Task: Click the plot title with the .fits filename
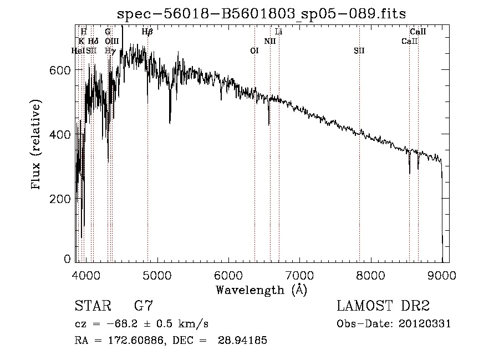266,13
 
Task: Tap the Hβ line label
147,32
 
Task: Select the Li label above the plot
279,32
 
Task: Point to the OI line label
254,50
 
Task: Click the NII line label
270,41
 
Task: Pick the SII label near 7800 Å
359,50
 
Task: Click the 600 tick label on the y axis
63,70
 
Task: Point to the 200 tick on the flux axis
63,199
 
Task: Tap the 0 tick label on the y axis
68,260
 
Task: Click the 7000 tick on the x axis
299,275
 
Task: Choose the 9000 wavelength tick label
442,275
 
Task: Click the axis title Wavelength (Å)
261,290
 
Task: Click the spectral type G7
144,306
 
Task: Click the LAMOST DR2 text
382,306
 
